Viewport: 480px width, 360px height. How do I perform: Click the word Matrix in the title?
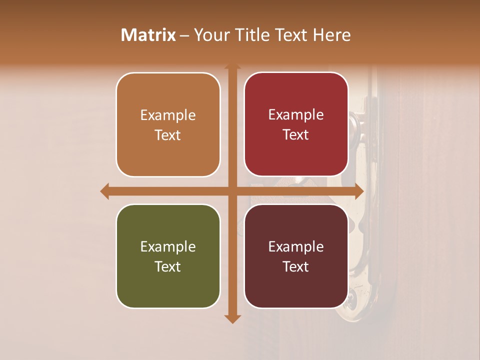pyautogui.click(x=148, y=35)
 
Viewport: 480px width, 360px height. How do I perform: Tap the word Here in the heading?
pyautogui.click(x=331, y=35)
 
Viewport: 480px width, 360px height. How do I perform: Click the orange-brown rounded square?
pyautogui.click(x=168, y=124)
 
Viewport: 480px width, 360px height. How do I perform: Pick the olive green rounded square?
pyautogui.click(x=168, y=256)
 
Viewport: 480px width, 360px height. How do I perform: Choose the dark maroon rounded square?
pyautogui.click(x=296, y=256)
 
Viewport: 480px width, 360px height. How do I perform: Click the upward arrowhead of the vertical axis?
pyautogui.click(x=232, y=66)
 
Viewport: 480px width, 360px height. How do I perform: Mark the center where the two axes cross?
pyautogui.click(x=232, y=191)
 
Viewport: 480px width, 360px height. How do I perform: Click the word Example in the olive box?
pyautogui.click(x=168, y=246)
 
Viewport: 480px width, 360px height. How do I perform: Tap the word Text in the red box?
pyautogui.click(x=296, y=134)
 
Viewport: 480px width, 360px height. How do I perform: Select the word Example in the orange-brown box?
pyautogui.click(x=168, y=115)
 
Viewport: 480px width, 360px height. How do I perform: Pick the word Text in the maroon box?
pyautogui.click(x=296, y=266)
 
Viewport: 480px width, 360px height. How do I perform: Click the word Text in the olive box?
pyautogui.click(x=168, y=266)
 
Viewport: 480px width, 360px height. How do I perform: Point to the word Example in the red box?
pyautogui.click(x=296, y=114)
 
